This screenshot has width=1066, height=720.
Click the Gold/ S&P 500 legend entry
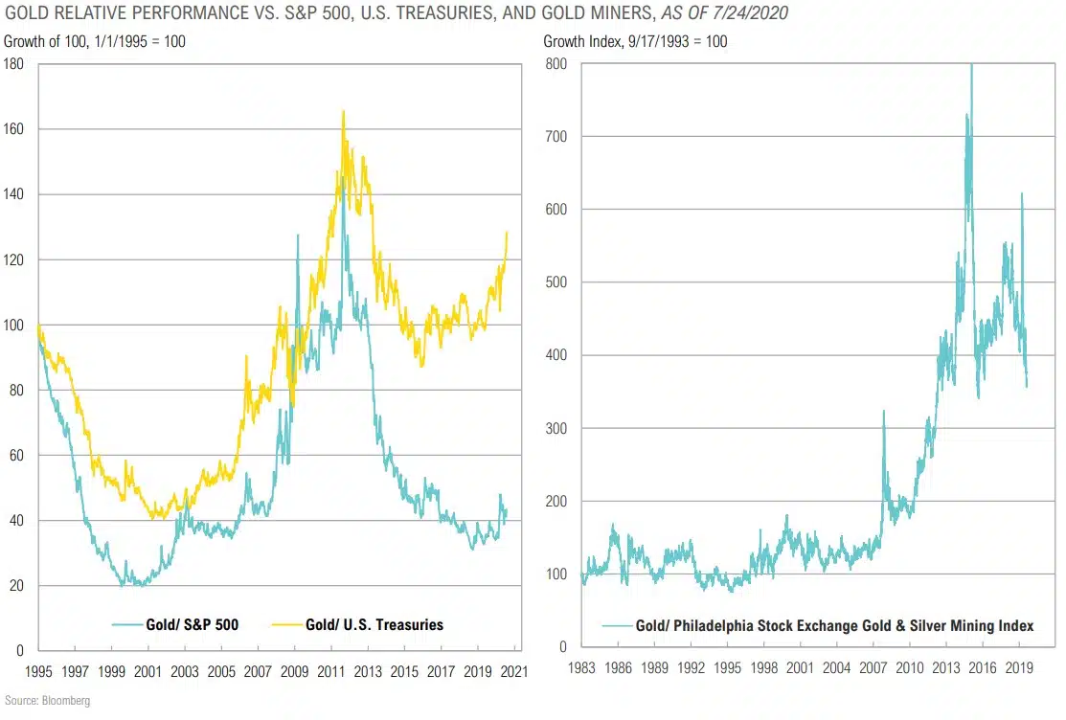coord(193,625)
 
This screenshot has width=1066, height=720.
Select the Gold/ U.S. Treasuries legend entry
coord(374,625)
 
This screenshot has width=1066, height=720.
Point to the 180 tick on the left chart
coord(14,64)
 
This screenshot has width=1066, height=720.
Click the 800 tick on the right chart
coord(556,64)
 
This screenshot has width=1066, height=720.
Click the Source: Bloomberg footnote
coord(46,702)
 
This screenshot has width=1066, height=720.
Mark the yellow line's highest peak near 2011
coord(343,112)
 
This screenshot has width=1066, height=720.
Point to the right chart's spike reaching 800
coord(972,66)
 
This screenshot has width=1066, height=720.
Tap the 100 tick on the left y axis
coord(14,326)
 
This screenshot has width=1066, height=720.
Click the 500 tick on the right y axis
coord(556,282)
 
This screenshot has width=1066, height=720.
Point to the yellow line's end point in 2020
coord(507,232)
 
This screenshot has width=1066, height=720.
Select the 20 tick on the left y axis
coord(17,586)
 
